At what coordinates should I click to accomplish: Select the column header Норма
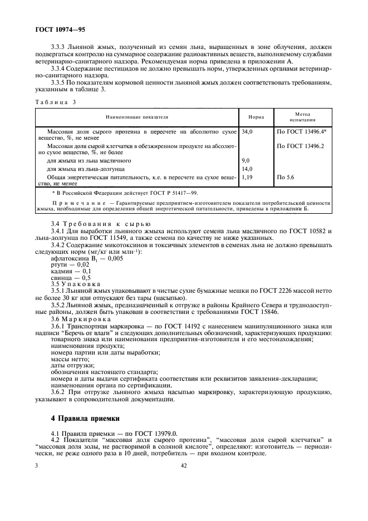256,117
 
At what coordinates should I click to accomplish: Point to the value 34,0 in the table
247,132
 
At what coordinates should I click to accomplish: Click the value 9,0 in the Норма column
246,160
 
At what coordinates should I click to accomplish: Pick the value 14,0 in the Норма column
247,169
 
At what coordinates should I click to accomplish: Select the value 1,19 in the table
247,177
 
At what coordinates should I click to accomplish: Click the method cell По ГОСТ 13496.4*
301,132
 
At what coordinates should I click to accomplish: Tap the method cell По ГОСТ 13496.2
300,146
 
